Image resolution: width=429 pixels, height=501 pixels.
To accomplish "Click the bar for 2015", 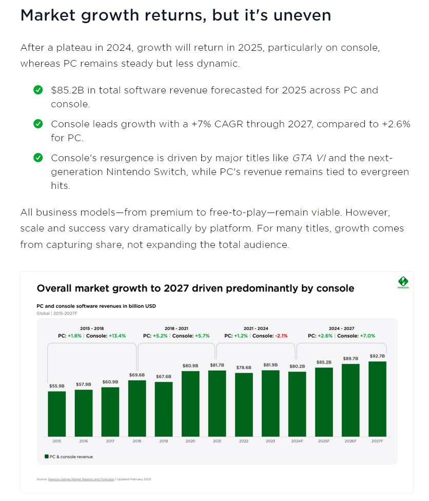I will pos(56,414).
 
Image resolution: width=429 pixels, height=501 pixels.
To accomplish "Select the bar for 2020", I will pos(190,403).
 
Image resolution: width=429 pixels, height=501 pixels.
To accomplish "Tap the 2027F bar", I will pos(377,399).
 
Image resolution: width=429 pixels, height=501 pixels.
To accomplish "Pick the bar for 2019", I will pos(163,409).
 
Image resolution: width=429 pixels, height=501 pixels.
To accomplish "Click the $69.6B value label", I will pos(136,376).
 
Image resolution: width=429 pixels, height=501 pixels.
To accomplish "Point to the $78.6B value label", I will pos(244,368).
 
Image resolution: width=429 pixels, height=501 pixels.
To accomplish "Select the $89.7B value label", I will pos(350,358).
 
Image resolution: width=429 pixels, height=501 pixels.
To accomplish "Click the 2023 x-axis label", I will pos(270,440).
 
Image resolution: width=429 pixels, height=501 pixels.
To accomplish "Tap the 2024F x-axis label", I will pos(297,440).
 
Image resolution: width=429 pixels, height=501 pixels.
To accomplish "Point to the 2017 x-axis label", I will pos(110,440).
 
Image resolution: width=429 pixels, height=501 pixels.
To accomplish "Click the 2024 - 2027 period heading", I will pos(341,328).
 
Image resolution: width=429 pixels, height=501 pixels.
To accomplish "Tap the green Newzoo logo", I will pos(403,282).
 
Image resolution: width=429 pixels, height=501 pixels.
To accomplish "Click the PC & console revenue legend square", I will pos(46,456).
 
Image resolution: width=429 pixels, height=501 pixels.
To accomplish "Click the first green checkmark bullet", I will pos(38,90).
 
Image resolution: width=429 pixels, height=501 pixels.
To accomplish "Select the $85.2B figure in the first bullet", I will pos(68,90).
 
